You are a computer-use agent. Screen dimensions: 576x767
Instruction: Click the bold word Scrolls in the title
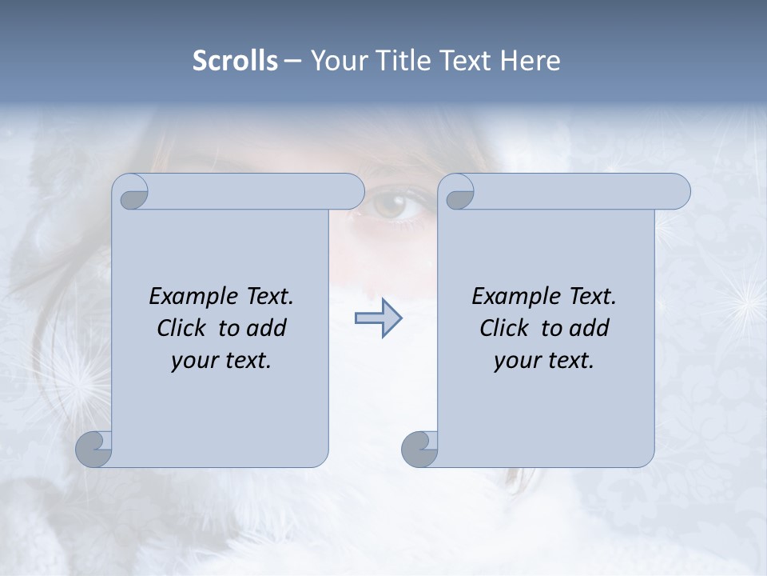(236, 61)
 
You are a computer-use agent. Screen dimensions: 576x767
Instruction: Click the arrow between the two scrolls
(378, 318)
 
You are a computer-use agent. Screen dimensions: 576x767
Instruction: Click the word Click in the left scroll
(181, 328)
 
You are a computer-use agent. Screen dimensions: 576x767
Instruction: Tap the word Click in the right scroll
(504, 328)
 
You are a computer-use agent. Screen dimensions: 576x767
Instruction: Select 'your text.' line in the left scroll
(221, 361)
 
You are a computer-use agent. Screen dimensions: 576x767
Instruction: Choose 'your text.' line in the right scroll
(544, 361)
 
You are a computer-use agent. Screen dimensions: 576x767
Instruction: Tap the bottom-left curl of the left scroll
(95, 449)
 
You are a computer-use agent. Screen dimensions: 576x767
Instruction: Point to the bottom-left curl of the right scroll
(420, 449)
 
